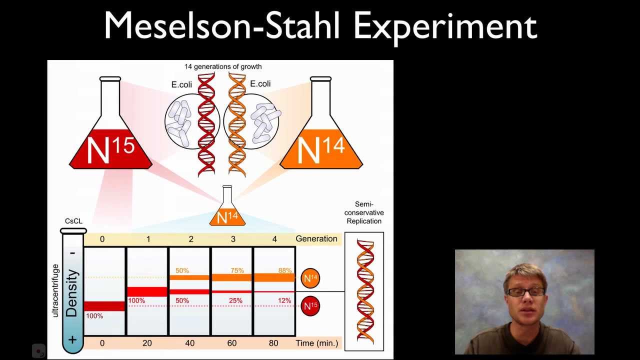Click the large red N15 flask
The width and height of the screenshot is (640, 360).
tap(110, 145)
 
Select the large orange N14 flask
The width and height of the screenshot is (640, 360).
tap(321, 145)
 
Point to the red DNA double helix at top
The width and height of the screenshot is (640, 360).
tap(206, 125)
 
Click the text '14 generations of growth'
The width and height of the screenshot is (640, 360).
tap(223, 66)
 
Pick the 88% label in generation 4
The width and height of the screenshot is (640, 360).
tap(285, 270)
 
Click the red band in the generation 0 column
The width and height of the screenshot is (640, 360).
tap(104, 305)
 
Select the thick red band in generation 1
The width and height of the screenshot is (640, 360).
tap(147, 291)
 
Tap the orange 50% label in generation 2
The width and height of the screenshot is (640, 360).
tap(182, 270)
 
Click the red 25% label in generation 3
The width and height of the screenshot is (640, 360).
tap(235, 300)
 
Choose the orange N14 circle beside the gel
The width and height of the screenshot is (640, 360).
tap(310, 278)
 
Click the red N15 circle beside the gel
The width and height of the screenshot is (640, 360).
tap(310, 306)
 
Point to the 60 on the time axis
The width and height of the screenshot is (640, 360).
tap(232, 343)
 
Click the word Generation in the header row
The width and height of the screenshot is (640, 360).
tap(316, 238)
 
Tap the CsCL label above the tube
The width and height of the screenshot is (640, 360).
tap(73, 221)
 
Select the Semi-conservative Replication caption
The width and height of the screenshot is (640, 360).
tap(364, 212)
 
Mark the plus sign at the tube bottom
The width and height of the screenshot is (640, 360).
tap(73, 340)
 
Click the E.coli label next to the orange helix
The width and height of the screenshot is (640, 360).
tap(260, 84)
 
